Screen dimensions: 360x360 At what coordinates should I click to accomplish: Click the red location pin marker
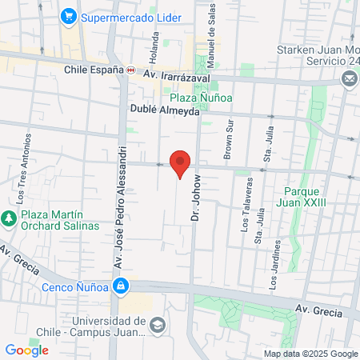[x=181, y=164]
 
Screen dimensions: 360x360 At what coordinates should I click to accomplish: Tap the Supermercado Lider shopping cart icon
[x=70, y=14]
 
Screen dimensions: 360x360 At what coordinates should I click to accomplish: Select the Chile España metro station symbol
[x=130, y=70]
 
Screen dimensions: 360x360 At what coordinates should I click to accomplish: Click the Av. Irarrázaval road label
[x=176, y=74]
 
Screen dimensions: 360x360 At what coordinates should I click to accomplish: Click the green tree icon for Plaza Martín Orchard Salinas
[x=9, y=218]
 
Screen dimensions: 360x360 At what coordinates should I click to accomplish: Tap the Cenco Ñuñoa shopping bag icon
[x=120, y=286]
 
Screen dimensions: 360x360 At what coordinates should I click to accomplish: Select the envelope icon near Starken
[x=350, y=78]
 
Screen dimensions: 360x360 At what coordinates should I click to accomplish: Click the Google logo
[x=26, y=350]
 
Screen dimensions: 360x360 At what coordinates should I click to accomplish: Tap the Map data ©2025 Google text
[x=311, y=354]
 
